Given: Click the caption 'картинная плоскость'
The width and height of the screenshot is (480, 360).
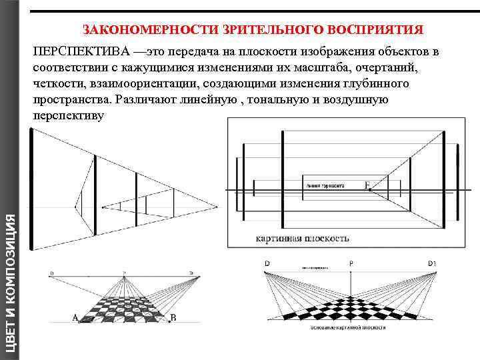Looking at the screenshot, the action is click(302, 238).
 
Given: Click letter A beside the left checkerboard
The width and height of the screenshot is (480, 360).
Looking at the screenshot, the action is click(75, 317).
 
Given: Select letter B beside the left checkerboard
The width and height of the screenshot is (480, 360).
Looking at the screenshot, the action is click(173, 317).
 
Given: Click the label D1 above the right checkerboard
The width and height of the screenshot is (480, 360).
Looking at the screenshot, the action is click(432, 264).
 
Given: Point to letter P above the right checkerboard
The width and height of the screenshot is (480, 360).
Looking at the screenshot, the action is click(351, 264).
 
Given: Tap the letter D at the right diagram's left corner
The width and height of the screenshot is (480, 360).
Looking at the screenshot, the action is click(267, 264).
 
